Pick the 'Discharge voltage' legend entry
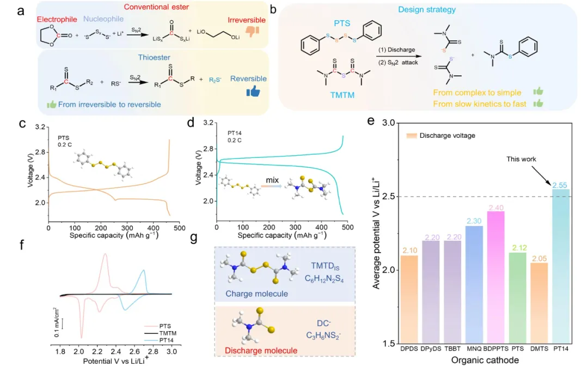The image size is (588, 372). tap(442, 135)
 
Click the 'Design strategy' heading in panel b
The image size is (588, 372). tap(434, 10)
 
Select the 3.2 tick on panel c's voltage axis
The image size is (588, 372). tap(40, 126)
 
